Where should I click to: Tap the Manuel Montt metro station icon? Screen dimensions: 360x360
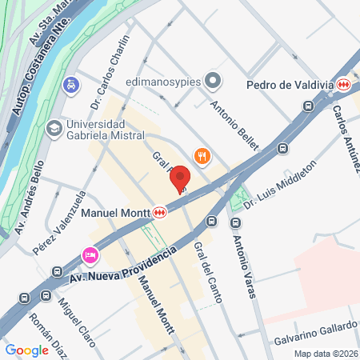[161, 213]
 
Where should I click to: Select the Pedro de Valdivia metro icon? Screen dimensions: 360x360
[343, 84]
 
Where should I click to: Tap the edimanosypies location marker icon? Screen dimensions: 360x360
[213, 80]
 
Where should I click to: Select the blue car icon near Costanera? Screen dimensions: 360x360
[72, 83]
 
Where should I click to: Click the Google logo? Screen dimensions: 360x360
[27, 350]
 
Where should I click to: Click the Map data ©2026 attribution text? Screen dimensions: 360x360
[324, 353]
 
